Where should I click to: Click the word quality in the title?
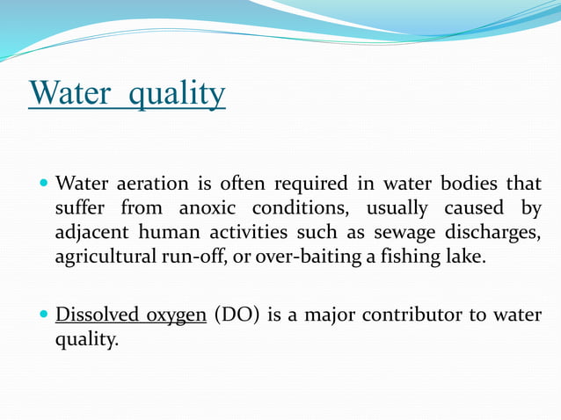[x=177, y=94]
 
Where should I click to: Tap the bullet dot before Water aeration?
[x=44, y=185]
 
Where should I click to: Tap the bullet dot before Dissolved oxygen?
[x=44, y=315]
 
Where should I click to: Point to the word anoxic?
[x=209, y=209]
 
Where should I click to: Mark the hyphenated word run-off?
[x=193, y=258]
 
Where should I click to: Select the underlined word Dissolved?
[x=95, y=315]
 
